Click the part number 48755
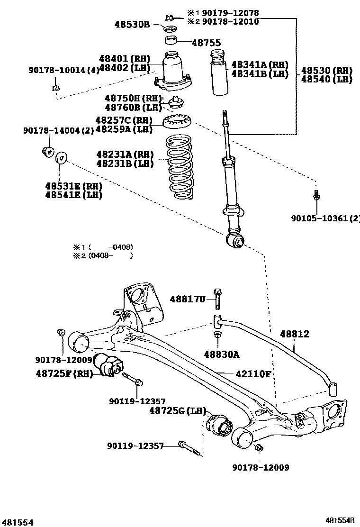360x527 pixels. [206, 43]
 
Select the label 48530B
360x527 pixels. [132, 23]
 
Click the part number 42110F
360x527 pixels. [253, 374]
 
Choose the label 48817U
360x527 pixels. [188, 299]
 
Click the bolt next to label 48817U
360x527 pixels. [218, 299]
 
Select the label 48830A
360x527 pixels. [222, 354]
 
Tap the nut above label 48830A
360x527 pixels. [217, 336]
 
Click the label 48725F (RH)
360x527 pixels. [64, 373]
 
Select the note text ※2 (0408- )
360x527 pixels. [103, 256]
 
